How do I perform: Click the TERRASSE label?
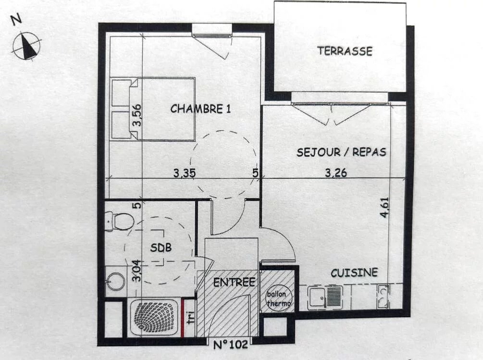[345, 51]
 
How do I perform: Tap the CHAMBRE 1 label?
[200, 109]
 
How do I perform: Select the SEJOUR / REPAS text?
[341, 152]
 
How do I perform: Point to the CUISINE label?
[354, 273]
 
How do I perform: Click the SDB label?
[161, 248]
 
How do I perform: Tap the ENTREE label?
[234, 282]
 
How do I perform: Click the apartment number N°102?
[230, 344]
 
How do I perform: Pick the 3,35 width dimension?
[184, 173]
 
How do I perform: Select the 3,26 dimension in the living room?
[336, 173]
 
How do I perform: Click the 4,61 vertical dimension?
[385, 207]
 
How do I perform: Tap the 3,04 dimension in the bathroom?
[136, 271]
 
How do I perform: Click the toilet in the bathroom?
[119, 221]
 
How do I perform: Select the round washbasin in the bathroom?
[115, 281]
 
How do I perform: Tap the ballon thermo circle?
[278, 298]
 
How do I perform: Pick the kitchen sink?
[325, 298]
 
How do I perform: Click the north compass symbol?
[26, 46]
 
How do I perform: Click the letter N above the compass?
[16, 19]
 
